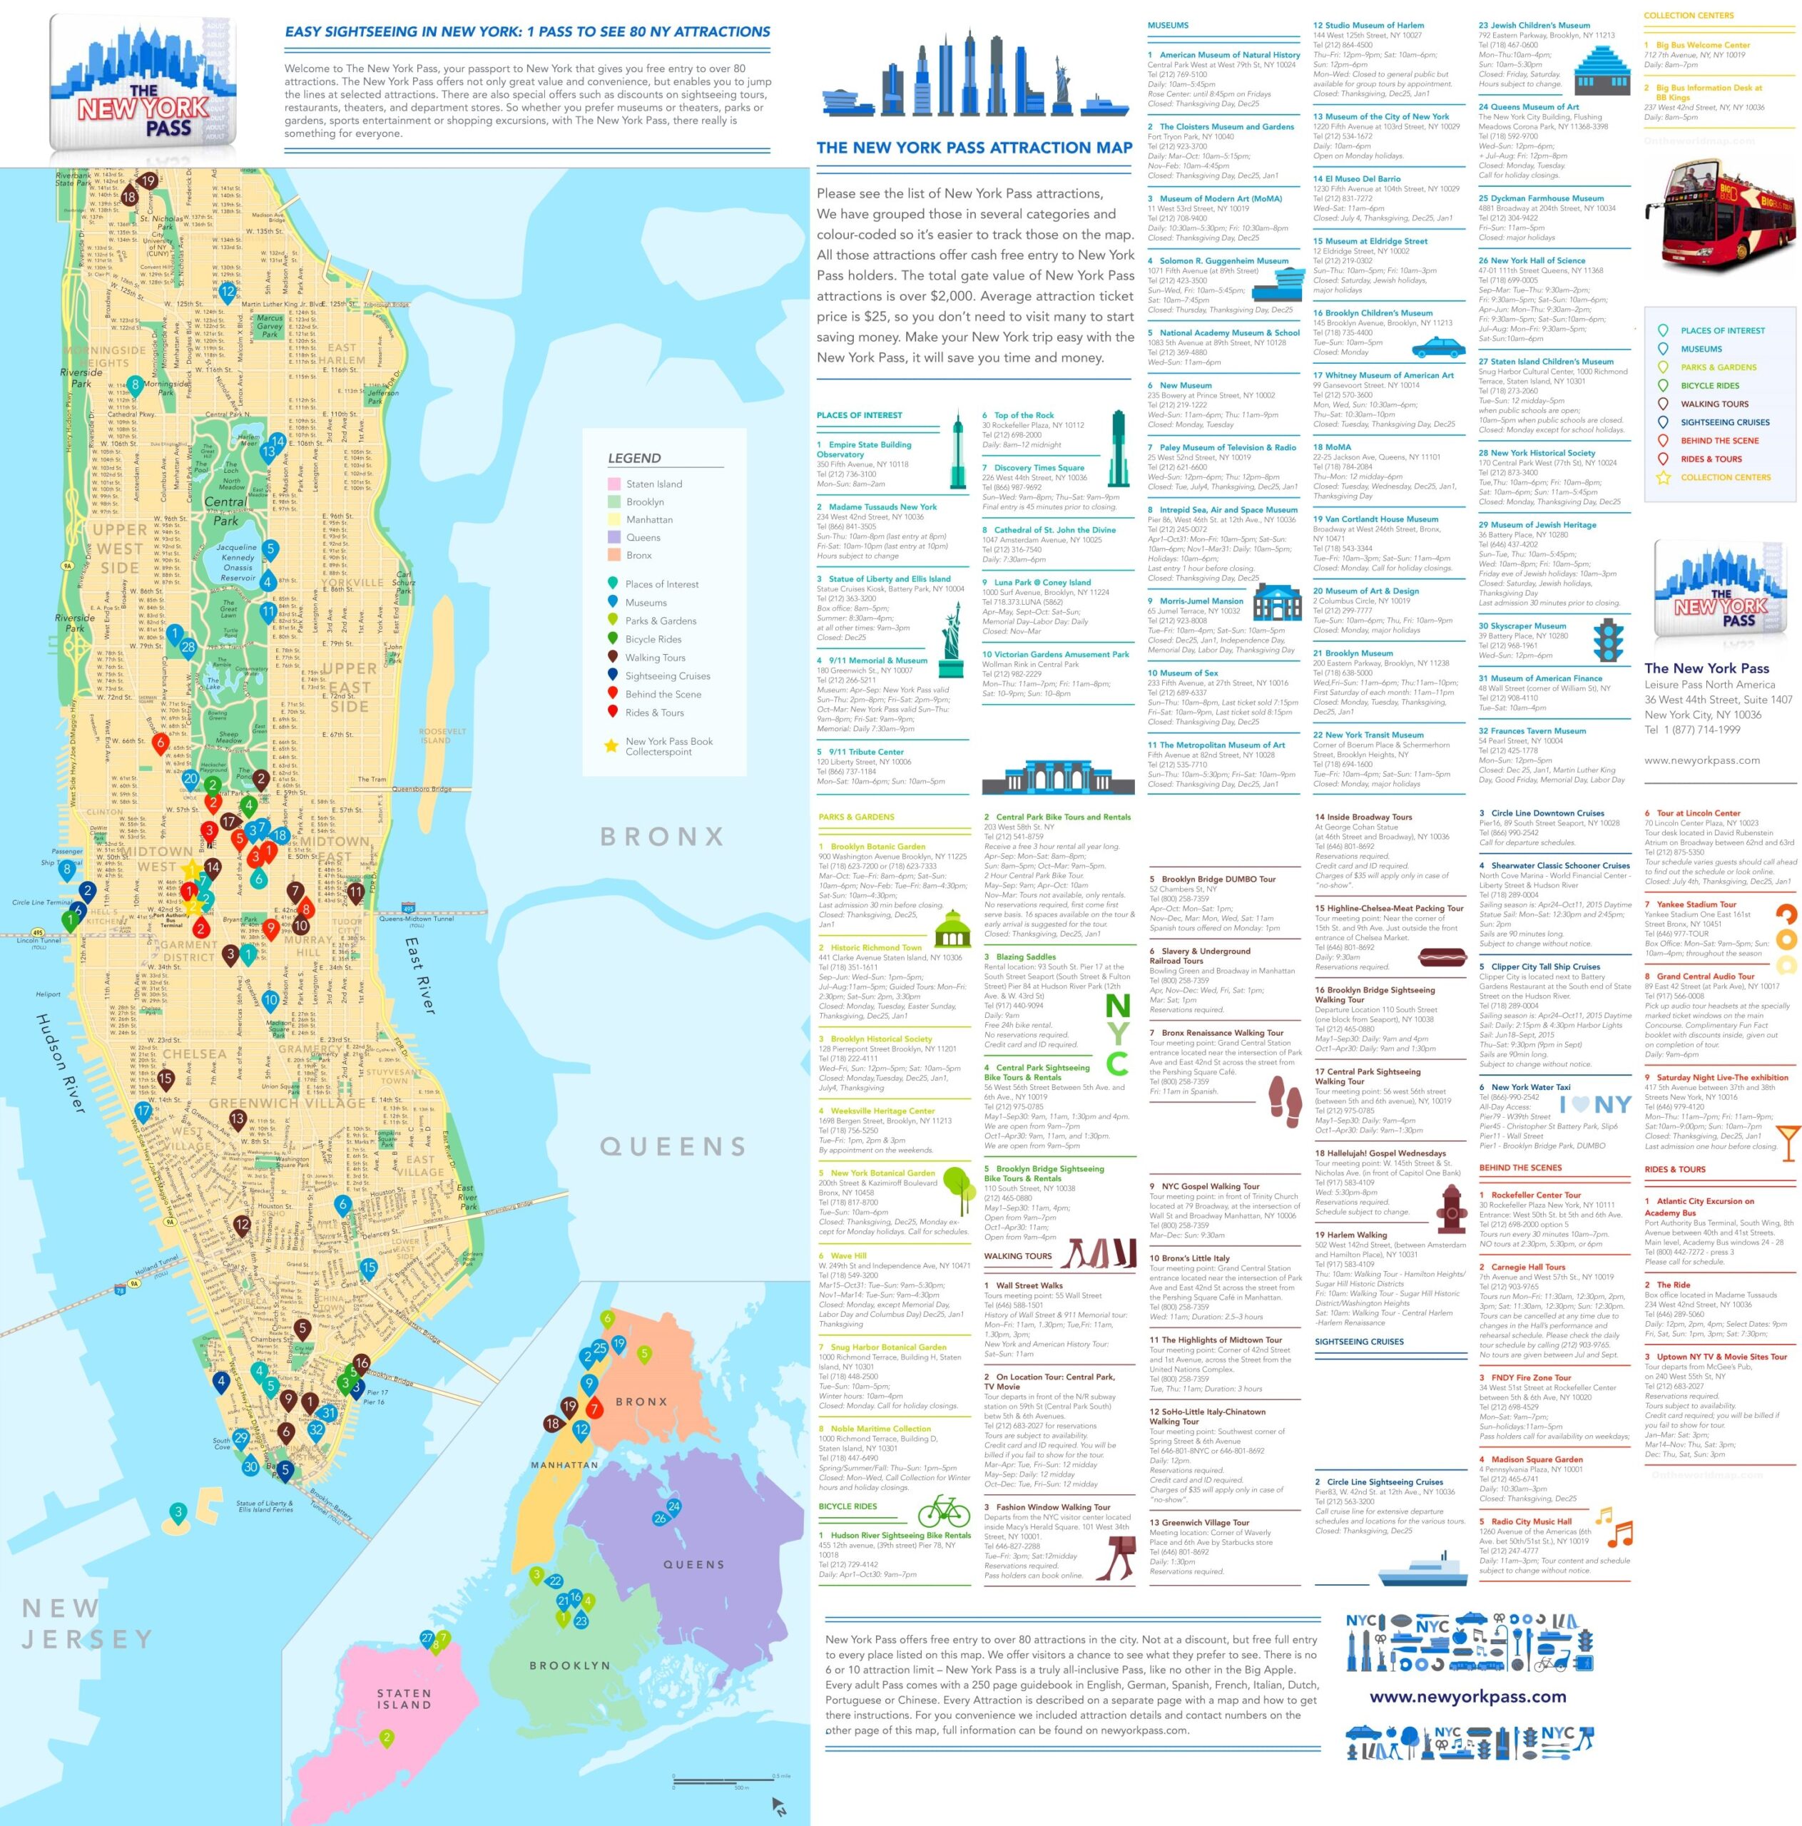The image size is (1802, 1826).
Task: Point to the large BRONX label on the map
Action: click(x=663, y=837)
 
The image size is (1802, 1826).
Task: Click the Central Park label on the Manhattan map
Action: click(x=225, y=511)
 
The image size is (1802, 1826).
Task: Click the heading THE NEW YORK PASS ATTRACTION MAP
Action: click(x=974, y=148)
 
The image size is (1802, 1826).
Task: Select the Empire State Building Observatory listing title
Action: click(x=864, y=449)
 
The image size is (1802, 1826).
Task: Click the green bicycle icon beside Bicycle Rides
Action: click(x=942, y=1510)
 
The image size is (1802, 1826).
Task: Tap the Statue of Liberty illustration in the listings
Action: click(x=950, y=641)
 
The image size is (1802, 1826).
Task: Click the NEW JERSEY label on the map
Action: click(x=85, y=1623)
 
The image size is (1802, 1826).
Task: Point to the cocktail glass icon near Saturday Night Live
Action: click(x=1788, y=1141)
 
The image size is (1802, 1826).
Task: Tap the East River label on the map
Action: click(x=421, y=974)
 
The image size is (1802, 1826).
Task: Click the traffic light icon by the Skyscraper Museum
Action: click(x=1607, y=640)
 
